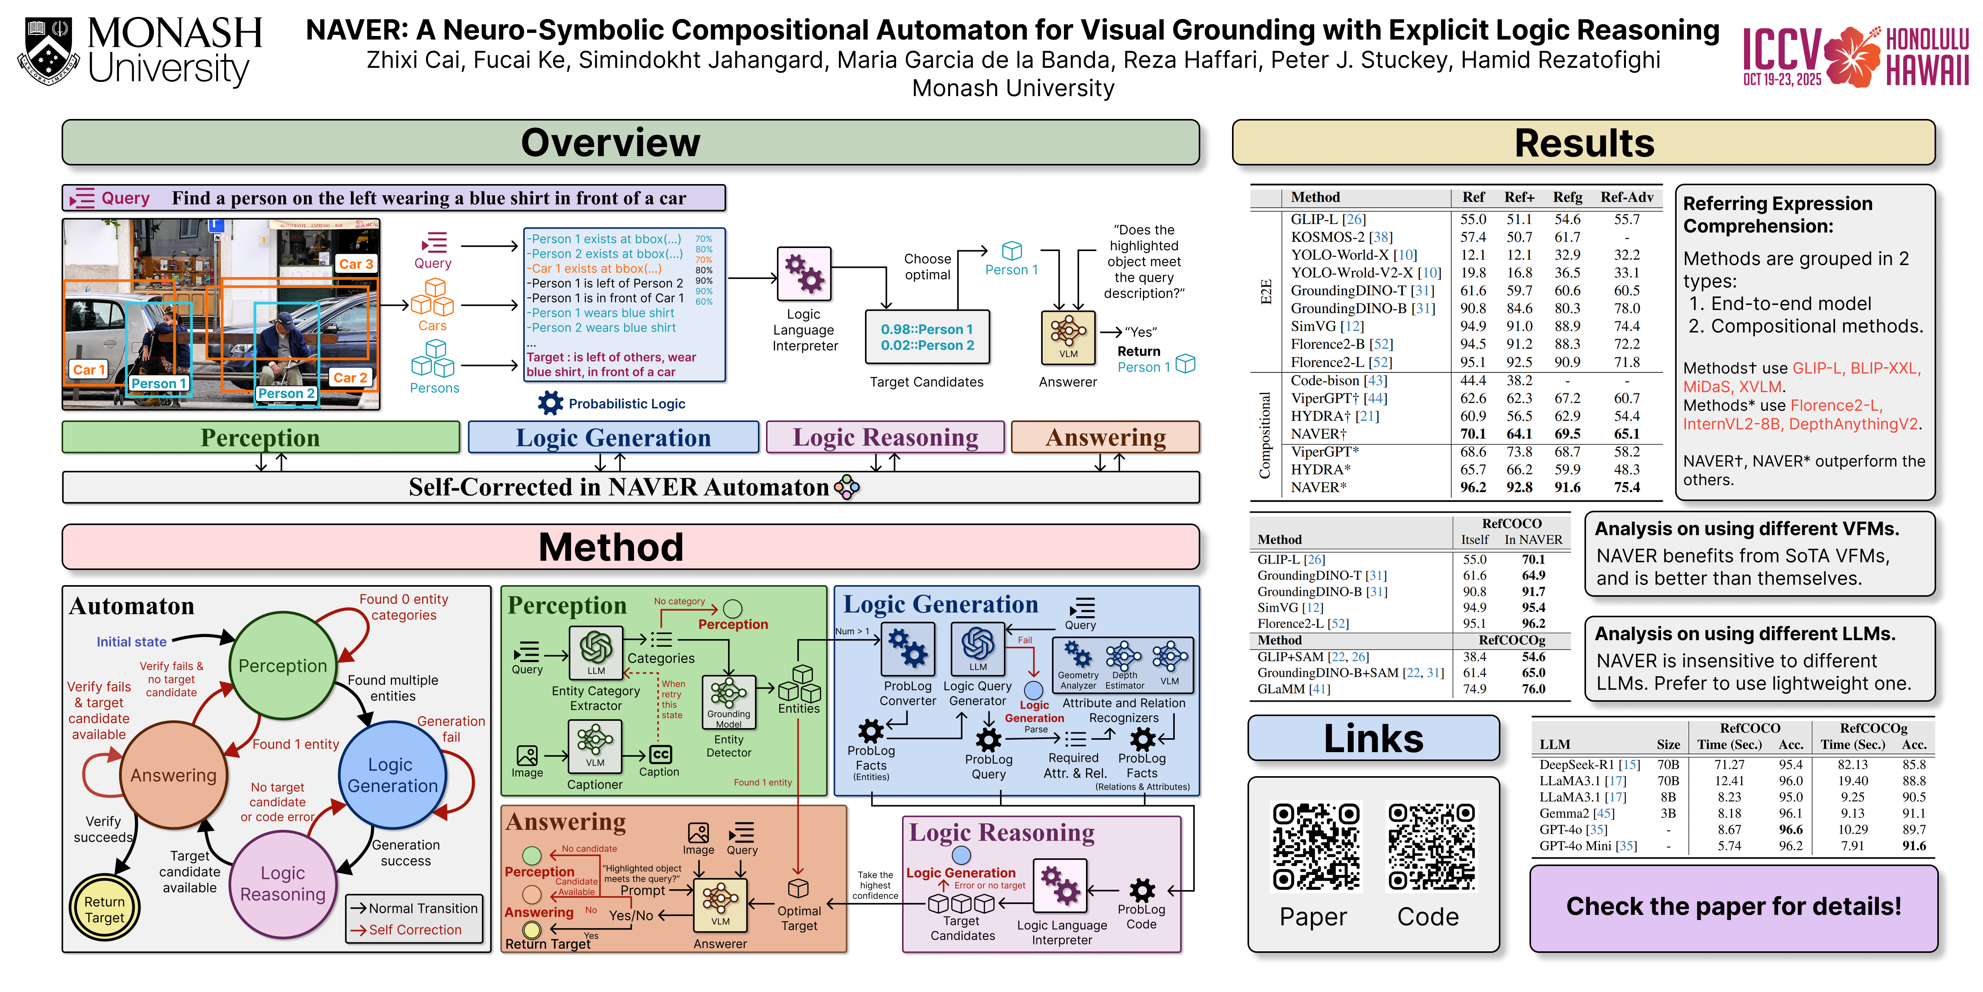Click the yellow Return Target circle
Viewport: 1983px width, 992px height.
(x=105, y=909)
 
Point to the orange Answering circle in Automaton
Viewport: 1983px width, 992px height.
(x=173, y=775)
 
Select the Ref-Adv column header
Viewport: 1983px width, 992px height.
(x=1627, y=197)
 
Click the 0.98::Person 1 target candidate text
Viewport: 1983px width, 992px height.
(x=927, y=330)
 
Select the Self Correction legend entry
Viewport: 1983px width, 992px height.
(x=414, y=930)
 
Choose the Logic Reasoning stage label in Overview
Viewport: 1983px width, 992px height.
(x=885, y=437)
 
